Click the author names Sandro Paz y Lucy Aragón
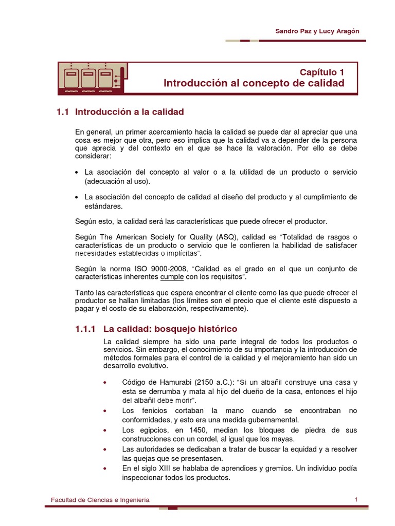pyautogui.click(x=317, y=31)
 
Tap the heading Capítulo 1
pyautogui.click(x=322, y=72)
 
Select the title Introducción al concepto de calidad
pyautogui.click(x=254, y=83)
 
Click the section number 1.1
pyautogui.click(x=62, y=111)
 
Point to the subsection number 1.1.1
pyautogui.click(x=82, y=328)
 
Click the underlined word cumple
pyautogui.click(x=172, y=277)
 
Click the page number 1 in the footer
pyautogui.click(x=356, y=499)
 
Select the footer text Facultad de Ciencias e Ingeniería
pyautogui.click(x=100, y=500)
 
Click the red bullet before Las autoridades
pyautogui.click(x=105, y=449)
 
